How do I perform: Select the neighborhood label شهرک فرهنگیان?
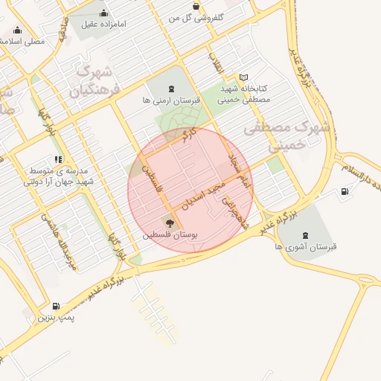[x=93, y=82]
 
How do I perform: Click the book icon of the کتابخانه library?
[x=244, y=77]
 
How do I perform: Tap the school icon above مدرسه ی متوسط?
[x=58, y=159]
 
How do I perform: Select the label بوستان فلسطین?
[x=172, y=234]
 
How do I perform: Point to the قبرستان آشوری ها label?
[x=305, y=246]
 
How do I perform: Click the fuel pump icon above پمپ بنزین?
[x=57, y=306]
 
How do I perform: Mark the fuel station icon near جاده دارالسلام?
[x=344, y=191]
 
